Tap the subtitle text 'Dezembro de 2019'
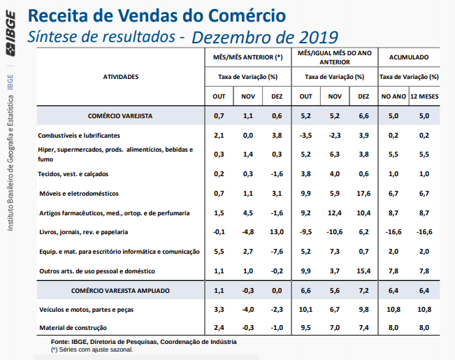click(x=264, y=36)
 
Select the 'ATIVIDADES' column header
click(x=121, y=76)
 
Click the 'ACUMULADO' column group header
click(x=409, y=57)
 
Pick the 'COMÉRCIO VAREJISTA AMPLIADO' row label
click(x=120, y=289)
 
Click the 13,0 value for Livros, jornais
click(x=277, y=231)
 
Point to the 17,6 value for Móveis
click(x=363, y=193)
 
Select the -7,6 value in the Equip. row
click(x=277, y=251)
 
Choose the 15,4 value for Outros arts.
click(x=363, y=270)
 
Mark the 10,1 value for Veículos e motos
click(x=306, y=308)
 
